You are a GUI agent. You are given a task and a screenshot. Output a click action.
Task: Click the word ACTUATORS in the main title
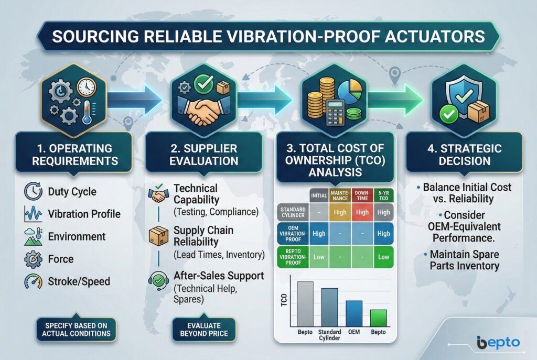pos(435,37)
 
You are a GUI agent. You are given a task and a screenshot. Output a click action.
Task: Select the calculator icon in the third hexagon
pos(336,113)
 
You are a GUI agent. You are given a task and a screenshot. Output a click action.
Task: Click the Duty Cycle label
pos(72,192)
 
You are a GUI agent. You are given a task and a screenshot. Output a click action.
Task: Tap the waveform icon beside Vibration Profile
pos(33,214)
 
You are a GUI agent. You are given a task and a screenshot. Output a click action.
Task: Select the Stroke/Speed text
pos(79,281)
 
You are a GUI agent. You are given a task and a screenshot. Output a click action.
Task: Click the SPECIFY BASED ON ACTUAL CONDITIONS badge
pos(76,330)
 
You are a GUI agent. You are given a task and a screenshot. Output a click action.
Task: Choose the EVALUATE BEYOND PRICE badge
pos(204,330)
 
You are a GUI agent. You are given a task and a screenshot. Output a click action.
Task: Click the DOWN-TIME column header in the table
pos(362,196)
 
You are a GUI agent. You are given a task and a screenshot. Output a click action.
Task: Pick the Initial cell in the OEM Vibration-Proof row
pos(319,234)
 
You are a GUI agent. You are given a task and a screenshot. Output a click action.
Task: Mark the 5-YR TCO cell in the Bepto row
pos(383,257)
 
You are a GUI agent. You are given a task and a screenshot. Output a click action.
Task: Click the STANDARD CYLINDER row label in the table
pos(293,213)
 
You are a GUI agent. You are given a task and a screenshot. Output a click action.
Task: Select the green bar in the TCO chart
pos(379,318)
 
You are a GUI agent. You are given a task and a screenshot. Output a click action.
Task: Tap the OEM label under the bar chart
pos(354,332)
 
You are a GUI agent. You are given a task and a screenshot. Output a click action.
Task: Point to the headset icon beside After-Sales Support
pos(158,280)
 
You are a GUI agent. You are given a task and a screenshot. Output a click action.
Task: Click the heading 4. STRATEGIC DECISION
pos(465,155)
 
